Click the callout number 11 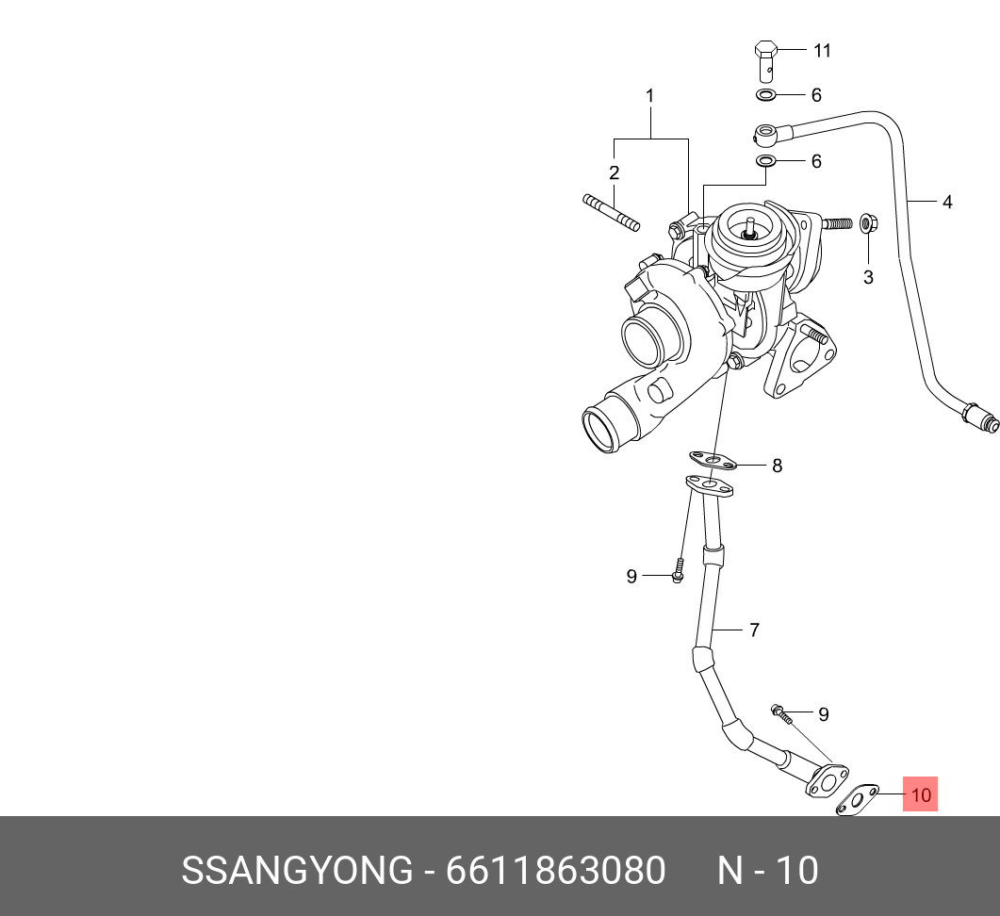pos(822,51)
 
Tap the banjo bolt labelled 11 pos(766,58)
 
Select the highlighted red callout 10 pos(921,794)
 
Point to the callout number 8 pos(777,466)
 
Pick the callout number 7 pos(754,630)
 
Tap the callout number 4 pos(947,202)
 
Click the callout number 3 pos(868,277)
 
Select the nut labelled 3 pos(868,224)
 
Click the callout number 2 pos(614,172)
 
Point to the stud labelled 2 pos(611,212)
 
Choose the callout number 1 pos(649,95)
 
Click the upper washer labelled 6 pos(766,95)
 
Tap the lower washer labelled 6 pos(766,162)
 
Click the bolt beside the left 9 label pos(677,571)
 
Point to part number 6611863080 pos(555,871)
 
